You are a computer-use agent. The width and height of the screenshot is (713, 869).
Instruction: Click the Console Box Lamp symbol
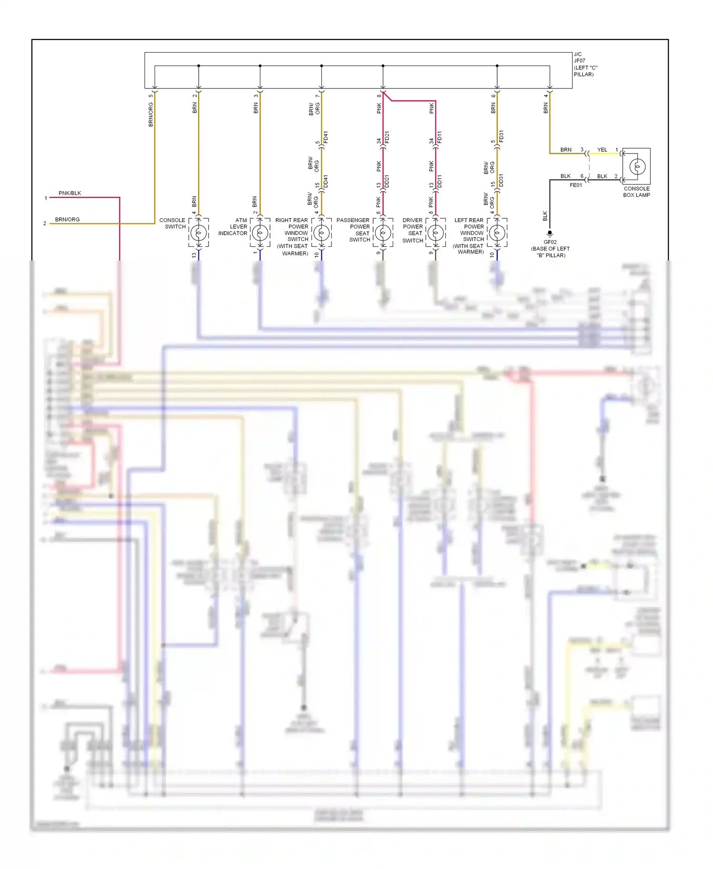637,167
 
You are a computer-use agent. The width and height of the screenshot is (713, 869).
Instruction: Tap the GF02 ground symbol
550,234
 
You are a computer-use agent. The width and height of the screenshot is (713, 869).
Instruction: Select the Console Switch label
172,223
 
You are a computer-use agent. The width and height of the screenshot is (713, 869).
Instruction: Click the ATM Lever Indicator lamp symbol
260,233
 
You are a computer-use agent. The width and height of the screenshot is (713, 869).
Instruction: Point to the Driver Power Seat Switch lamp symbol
435,233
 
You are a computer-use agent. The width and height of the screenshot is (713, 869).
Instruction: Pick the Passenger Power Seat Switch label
353,230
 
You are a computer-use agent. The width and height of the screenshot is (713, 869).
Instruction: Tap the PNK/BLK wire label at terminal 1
70,193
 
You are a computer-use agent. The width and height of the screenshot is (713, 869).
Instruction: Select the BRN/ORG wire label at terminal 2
67,219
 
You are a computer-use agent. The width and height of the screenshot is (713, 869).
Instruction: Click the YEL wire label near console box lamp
602,150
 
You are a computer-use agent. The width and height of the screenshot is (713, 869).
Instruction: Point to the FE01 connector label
576,185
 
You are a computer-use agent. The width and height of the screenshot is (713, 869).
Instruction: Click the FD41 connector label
326,137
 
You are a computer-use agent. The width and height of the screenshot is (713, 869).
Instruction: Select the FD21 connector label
387,137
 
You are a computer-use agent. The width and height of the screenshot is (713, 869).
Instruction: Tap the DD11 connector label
439,181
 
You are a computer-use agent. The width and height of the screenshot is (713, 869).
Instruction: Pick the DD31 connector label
501,180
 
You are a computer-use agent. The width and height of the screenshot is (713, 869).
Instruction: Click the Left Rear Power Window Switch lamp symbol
497,233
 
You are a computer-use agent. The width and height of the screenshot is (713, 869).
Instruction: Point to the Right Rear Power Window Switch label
292,236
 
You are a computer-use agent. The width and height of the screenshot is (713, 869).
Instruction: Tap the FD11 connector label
439,137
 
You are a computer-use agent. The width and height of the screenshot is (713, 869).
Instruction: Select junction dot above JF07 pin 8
383,66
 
